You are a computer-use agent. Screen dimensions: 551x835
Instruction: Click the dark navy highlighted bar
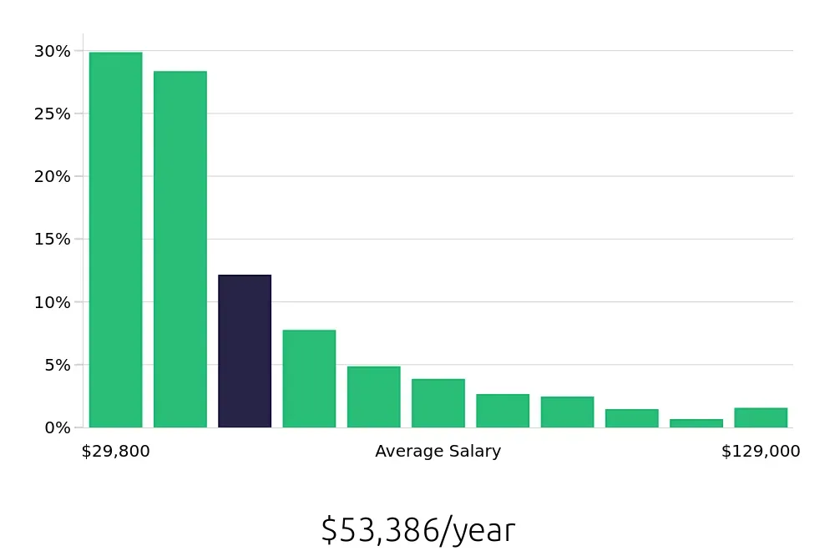pos(245,351)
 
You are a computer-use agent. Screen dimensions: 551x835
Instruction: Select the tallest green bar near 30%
pos(115,240)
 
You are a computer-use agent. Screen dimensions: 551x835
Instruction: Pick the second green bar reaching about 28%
pos(180,249)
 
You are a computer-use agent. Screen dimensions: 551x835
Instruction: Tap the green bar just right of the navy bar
pos(309,378)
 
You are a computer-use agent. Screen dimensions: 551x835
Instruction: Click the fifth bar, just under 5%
pos(373,397)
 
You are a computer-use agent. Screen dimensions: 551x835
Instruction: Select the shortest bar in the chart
pos(696,423)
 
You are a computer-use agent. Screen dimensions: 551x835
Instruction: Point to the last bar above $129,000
pos(761,417)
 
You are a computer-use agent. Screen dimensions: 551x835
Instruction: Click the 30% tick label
pos(52,51)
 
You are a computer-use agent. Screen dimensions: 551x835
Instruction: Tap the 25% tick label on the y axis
pos(52,114)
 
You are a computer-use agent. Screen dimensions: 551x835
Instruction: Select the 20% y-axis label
pos(52,176)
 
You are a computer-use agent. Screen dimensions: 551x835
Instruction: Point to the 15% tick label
pos(52,239)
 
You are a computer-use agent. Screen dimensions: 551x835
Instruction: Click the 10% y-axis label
pos(52,301)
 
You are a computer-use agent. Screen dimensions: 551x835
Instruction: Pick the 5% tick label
pos(56,365)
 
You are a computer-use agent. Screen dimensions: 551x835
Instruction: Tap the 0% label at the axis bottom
pos(56,427)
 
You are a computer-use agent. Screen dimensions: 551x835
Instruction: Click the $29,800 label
pos(115,452)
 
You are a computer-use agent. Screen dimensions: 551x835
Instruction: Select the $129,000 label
pos(761,452)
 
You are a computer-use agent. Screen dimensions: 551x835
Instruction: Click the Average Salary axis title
pos(438,452)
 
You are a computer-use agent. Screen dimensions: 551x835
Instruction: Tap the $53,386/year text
pos(417,530)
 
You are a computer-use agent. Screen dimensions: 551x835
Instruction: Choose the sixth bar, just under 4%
pos(438,403)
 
